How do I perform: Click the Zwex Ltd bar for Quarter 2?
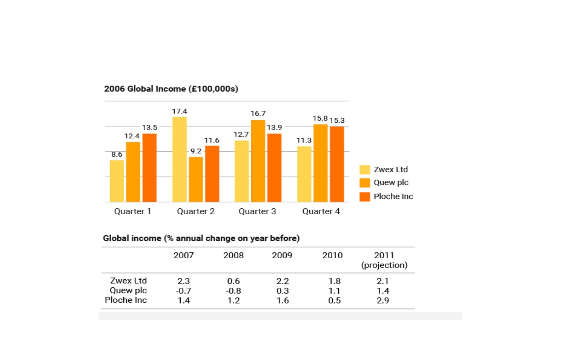pyautogui.click(x=179, y=159)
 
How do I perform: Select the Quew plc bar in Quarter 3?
pyautogui.click(x=258, y=161)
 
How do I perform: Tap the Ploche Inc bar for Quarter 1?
pyautogui.click(x=150, y=168)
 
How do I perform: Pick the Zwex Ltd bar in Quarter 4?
pyautogui.click(x=304, y=174)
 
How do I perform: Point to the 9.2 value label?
pyautogui.click(x=196, y=151)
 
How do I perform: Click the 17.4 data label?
pyautogui.click(x=179, y=111)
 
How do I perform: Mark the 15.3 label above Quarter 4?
pyautogui.click(x=337, y=120)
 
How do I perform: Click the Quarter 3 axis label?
pyautogui.click(x=257, y=211)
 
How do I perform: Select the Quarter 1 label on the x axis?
pyautogui.click(x=132, y=211)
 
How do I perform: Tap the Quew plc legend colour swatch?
pyautogui.click(x=365, y=183)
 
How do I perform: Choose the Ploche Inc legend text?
pyautogui.click(x=393, y=196)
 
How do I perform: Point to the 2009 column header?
pyautogui.click(x=282, y=255)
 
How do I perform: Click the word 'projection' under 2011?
pyautogui.click(x=384, y=265)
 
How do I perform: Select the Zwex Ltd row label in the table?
pyautogui.click(x=128, y=280)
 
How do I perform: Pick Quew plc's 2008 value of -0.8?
pyautogui.click(x=234, y=291)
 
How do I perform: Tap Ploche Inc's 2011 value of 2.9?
pyautogui.click(x=383, y=300)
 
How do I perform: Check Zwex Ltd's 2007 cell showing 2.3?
pyautogui.click(x=184, y=281)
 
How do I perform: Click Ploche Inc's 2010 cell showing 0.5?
pyautogui.click(x=334, y=300)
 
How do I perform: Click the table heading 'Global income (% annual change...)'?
pyautogui.click(x=201, y=238)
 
